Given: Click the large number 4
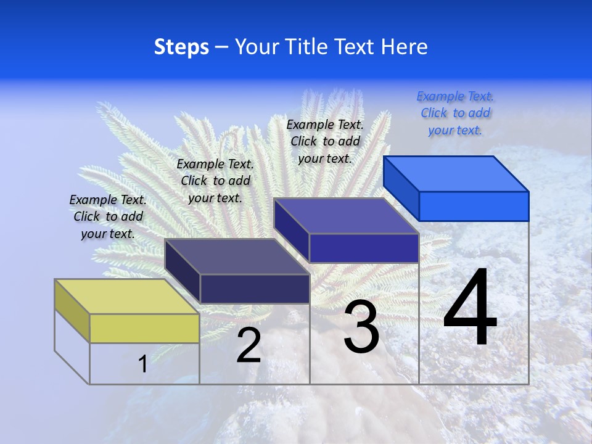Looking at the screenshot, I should [x=470, y=308].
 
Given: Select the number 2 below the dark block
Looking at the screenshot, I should [x=249, y=345].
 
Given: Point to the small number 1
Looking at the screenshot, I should [x=142, y=364].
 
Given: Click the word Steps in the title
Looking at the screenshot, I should [x=181, y=47].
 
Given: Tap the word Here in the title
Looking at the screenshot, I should [x=405, y=47].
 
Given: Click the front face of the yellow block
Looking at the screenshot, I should [x=144, y=328].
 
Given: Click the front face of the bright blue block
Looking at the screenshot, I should [x=474, y=206].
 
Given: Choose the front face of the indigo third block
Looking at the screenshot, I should [x=364, y=248].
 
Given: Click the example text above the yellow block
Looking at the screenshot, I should [x=108, y=216].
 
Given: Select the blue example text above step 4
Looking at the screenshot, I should [x=455, y=113].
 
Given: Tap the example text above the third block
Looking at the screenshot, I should [x=325, y=141].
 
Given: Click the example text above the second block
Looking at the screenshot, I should [x=215, y=181].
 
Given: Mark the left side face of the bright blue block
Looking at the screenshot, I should [x=401, y=185].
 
